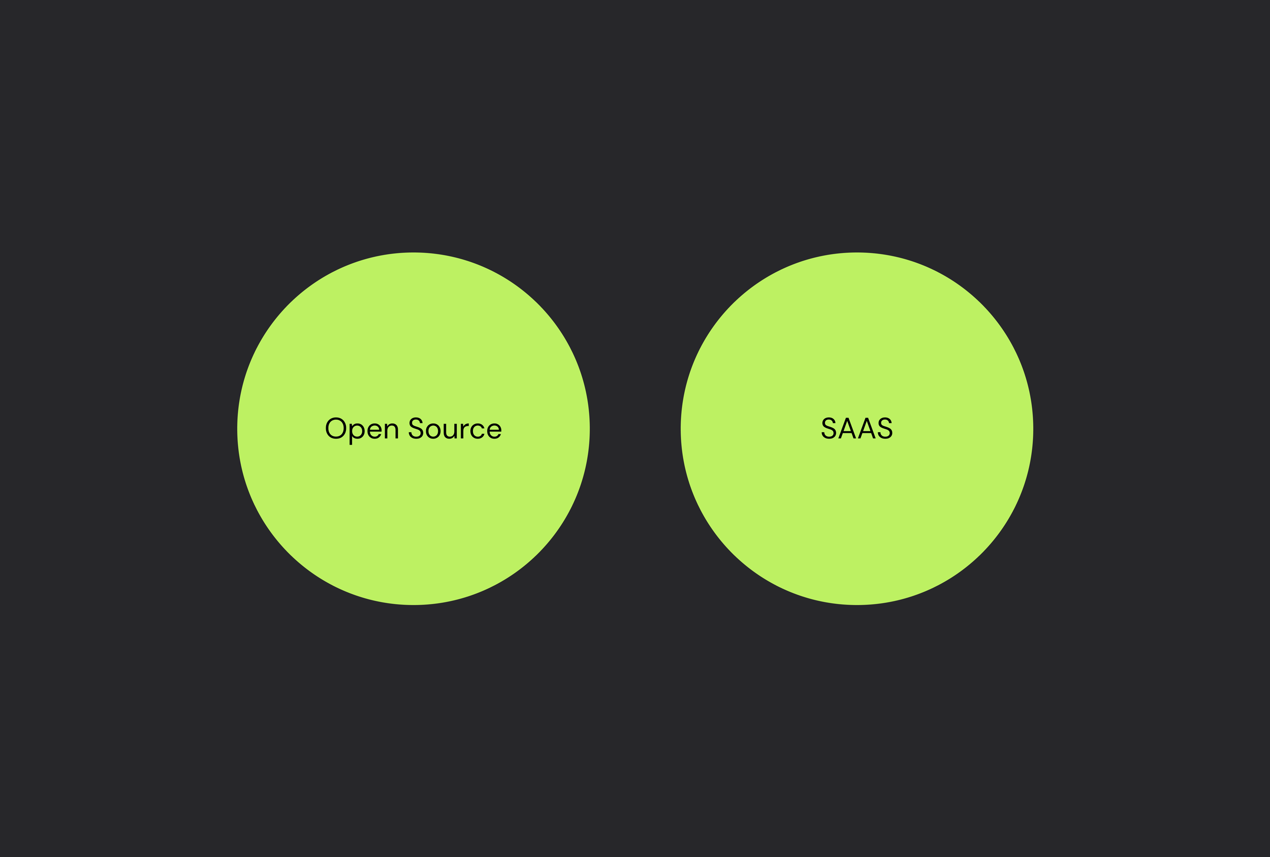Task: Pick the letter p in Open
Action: click(356, 431)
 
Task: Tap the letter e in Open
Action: click(374, 431)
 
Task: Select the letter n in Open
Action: click(391, 430)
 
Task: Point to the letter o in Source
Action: click(433, 431)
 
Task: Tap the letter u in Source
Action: click(450, 431)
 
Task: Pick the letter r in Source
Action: click(463, 430)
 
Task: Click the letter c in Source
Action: click(477, 431)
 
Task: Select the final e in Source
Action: click(494, 431)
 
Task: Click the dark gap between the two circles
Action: click(635, 429)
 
